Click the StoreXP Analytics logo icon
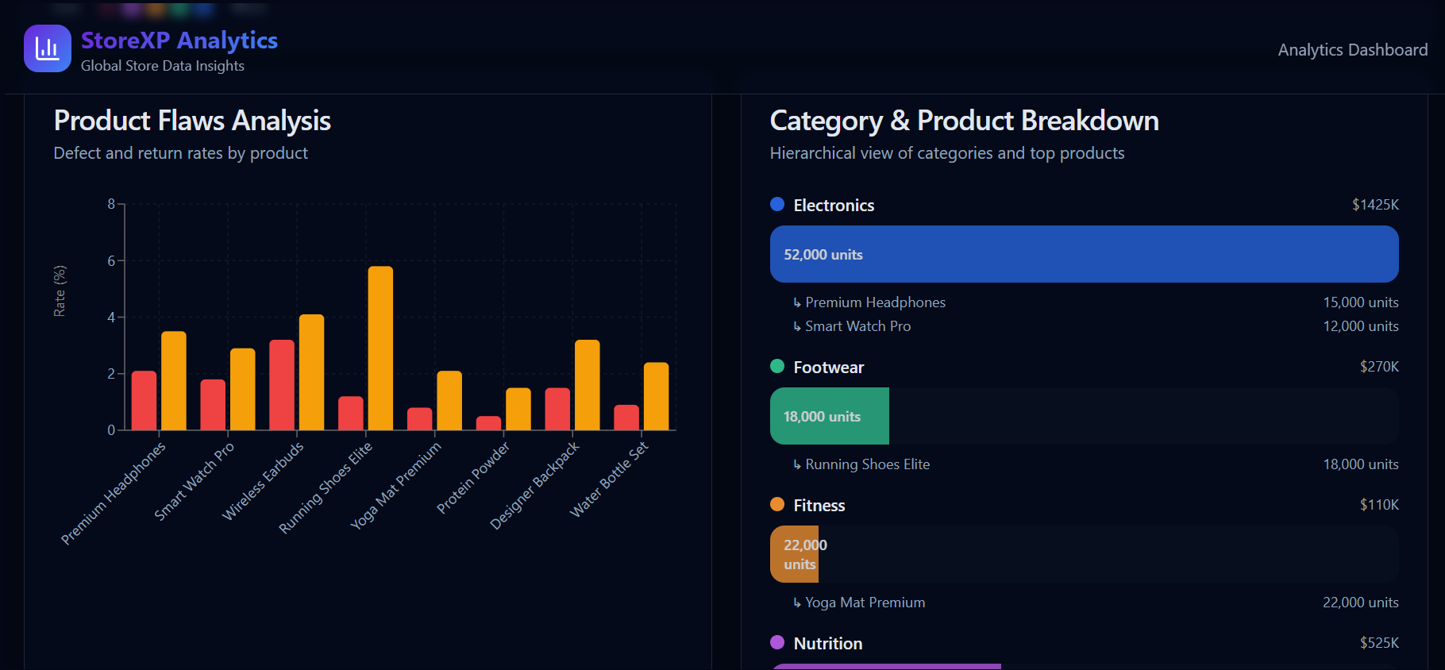click(48, 48)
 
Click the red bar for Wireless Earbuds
click(282, 385)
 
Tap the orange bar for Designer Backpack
click(587, 385)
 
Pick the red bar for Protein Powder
click(488, 423)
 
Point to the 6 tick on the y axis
click(111, 261)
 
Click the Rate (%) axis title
click(60, 291)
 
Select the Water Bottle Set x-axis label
click(609, 479)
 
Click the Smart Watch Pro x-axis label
click(194, 481)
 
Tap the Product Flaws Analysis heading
click(192, 121)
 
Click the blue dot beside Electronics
click(777, 204)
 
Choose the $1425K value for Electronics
click(1375, 205)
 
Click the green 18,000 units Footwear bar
click(829, 416)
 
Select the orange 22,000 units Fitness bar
click(795, 554)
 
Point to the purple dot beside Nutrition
click(777, 642)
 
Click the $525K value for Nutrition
click(1379, 643)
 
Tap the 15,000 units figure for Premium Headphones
click(1360, 302)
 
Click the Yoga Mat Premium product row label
click(865, 603)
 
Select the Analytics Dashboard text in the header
click(1352, 50)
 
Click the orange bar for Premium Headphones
click(174, 381)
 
